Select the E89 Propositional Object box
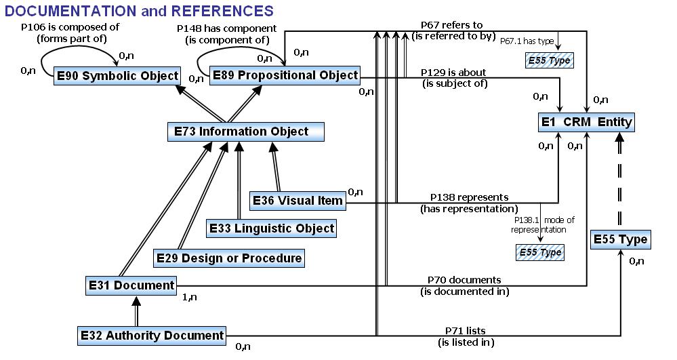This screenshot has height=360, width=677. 285,75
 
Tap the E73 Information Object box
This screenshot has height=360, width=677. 245,132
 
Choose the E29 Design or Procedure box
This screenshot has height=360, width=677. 228,258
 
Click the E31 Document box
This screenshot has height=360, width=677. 131,285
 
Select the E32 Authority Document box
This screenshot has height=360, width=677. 152,335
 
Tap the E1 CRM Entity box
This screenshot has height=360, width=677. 587,122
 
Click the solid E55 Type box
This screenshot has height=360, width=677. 620,239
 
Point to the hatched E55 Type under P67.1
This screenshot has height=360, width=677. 549,60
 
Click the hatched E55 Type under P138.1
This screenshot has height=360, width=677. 540,253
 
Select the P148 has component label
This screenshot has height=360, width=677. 226,28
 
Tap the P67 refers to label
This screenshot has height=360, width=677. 453,26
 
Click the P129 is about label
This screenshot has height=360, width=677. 453,73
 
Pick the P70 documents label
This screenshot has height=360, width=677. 464,280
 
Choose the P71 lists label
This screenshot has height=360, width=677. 465,331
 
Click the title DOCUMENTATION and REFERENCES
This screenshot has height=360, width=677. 140,11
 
